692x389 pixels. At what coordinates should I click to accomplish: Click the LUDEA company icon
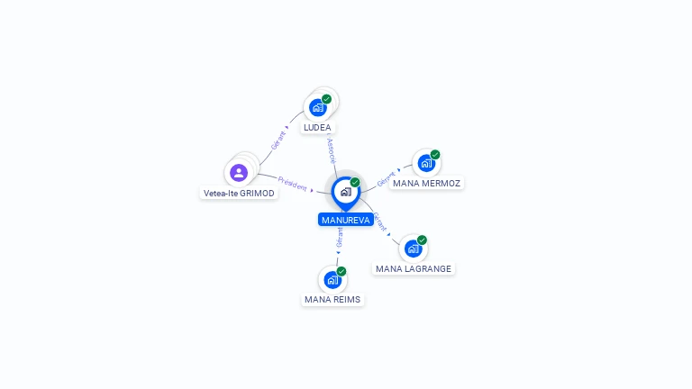coord(317,107)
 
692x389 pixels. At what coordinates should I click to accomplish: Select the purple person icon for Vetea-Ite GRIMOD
coord(239,172)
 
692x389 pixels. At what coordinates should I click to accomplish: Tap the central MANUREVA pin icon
coord(345,192)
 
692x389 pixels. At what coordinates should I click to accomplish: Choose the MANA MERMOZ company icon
coord(425,164)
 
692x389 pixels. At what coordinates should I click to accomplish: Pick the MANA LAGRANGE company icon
coord(413,249)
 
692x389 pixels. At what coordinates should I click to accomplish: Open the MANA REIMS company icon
coord(332,279)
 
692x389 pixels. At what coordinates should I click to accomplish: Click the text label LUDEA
coord(317,128)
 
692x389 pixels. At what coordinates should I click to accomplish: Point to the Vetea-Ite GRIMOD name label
coord(239,194)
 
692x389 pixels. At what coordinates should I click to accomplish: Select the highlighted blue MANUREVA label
coord(345,220)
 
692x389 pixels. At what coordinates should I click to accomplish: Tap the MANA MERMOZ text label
coord(426,184)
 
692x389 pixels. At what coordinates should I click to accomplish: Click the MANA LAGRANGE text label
coord(414,269)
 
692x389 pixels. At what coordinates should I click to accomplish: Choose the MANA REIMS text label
coord(332,300)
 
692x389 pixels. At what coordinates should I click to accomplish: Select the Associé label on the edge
coord(332,149)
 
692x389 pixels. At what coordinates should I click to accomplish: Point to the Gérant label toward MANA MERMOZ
coord(386,178)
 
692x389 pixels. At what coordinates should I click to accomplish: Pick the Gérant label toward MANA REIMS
coord(340,238)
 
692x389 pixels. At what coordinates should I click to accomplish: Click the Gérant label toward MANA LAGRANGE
coord(381,222)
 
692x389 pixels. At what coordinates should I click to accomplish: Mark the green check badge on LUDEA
coord(326,99)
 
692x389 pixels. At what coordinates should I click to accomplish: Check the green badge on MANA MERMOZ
coord(434,155)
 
